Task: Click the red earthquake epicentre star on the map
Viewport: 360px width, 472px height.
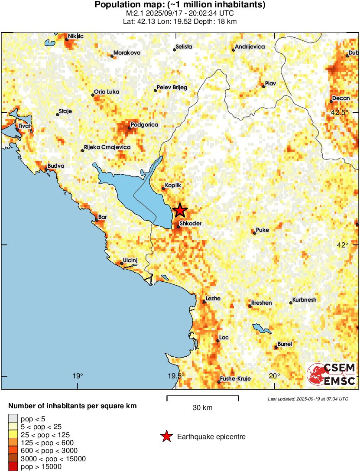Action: click(x=180, y=211)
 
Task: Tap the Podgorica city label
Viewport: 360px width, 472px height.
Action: click(x=144, y=125)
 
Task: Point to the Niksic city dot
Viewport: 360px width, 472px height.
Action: click(x=67, y=39)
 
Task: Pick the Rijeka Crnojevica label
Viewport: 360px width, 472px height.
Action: click(x=107, y=147)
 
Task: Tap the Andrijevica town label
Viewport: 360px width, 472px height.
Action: click(x=250, y=47)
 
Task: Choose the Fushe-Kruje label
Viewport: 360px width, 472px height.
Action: click(x=236, y=379)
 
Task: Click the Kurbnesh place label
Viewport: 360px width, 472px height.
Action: click(x=305, y=300)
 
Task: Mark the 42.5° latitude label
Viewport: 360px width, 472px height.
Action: click(x=340, y=112)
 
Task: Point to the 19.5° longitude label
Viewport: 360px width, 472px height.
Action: click(x=176, y=376)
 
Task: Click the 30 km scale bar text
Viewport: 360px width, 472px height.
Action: click(x=202, y=408)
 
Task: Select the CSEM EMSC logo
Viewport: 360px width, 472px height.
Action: click(x=331, y=374)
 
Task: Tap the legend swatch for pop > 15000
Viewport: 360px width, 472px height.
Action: click(x=13, y=467)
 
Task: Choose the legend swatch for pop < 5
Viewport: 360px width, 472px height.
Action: click(x=13, y=418)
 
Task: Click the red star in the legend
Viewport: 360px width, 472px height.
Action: click(x=166, y=437)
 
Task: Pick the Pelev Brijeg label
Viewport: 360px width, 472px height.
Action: click(x=172, y=88)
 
